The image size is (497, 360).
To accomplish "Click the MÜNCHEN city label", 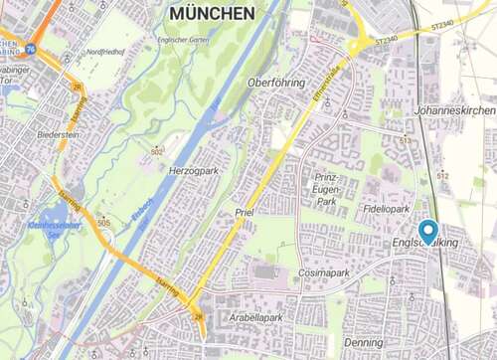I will pos(212,13).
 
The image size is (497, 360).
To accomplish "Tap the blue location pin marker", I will pos(428,231).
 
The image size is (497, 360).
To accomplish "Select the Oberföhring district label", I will pos(276,82).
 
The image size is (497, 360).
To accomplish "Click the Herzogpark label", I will pos(194,170).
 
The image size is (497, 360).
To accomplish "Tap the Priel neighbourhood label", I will pos(246,213).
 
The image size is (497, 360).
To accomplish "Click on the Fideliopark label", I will pos(387,210).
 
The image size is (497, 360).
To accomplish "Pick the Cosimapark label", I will pos(324,271).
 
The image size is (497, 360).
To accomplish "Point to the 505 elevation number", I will pos(104,223).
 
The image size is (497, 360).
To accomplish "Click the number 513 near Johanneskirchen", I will pos(405,141).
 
